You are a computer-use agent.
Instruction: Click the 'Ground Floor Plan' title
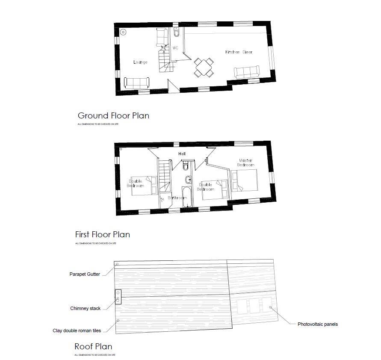point(113,115)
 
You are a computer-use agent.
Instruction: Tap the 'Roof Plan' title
point(93,346)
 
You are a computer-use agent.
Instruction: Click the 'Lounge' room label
point(140,62)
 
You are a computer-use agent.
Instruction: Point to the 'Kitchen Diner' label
point(239,52)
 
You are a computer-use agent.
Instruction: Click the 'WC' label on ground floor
point(175,48)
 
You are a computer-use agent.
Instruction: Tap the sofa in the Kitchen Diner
point(246,72)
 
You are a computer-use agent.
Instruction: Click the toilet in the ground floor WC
point(177,33)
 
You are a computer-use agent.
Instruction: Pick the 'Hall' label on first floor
point(182,153)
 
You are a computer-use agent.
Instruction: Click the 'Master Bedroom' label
point(246,162)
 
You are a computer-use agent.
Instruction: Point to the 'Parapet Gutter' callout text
point(85,274)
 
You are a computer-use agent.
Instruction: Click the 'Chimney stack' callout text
point(86,308)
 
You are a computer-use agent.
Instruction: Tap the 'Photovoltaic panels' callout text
point(318,324)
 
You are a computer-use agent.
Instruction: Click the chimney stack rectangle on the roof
point(118,297)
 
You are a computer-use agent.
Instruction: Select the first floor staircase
point(164,175)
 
